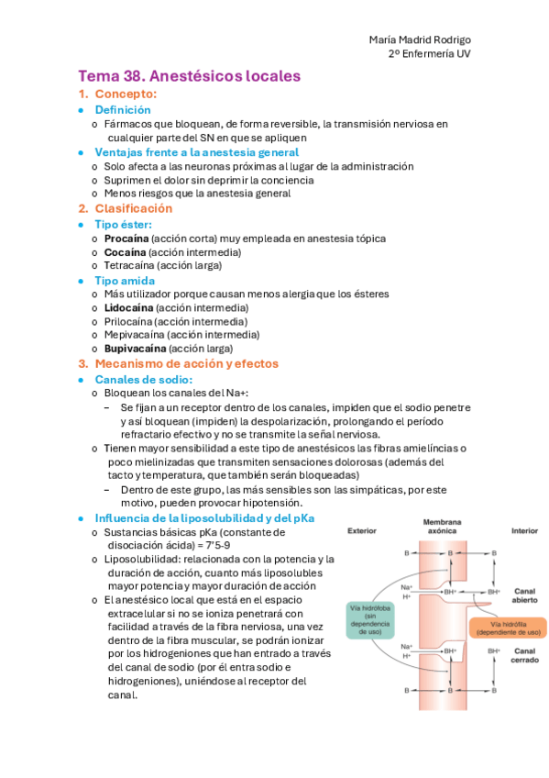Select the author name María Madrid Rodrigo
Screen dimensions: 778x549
420,39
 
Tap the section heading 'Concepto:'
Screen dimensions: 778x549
126,94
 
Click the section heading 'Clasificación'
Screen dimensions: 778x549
133,209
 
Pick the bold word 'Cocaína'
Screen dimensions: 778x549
125,252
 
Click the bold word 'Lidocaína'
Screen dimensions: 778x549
128,308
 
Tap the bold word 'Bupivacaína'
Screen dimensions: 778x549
135,350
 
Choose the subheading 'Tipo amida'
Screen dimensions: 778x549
125,281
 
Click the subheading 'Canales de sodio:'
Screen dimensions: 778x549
144,379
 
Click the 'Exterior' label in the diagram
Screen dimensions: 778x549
363,530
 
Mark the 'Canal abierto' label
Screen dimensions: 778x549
525,595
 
